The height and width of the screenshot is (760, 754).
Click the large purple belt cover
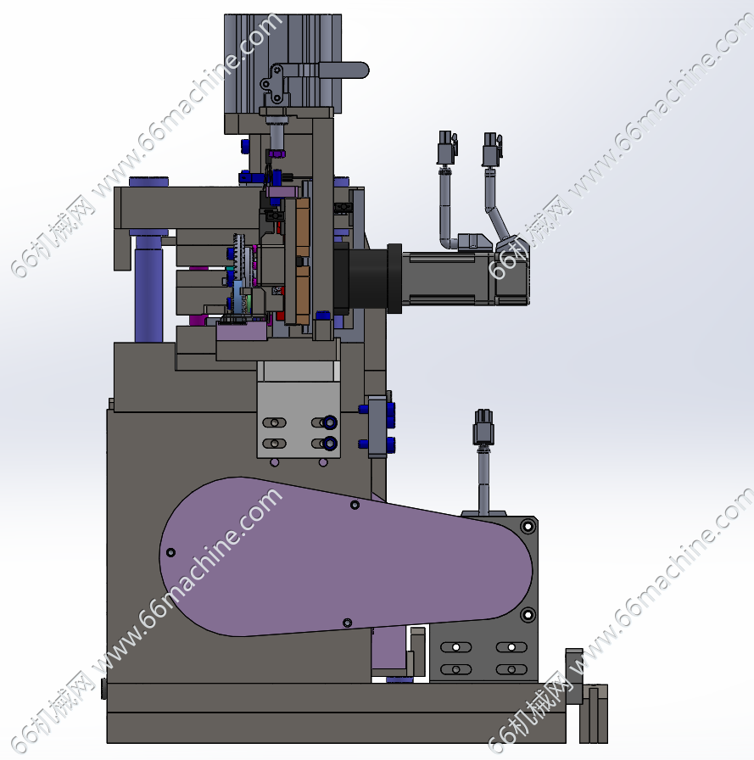pyautogui.click(x=345, y=557)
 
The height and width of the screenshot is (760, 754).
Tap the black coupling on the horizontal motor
pyautogui.click(x=367, y=279)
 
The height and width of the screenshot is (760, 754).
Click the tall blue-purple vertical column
pyautogui.click(x=148, y=288)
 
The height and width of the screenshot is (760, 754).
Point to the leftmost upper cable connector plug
pyautogui.click(x=447, y=148)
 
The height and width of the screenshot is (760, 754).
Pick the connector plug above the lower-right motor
pyautogui.click(x=483, y=427)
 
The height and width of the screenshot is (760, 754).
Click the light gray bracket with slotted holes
pyautogui.click(x=299, y=419)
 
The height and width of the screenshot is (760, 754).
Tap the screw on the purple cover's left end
pyautogui.click(x=170, y=552)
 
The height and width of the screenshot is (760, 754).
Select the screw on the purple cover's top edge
pyautogui.click(x=355, y=505)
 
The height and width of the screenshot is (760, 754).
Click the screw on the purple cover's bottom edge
pyautogui.click(x=347, y=623)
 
